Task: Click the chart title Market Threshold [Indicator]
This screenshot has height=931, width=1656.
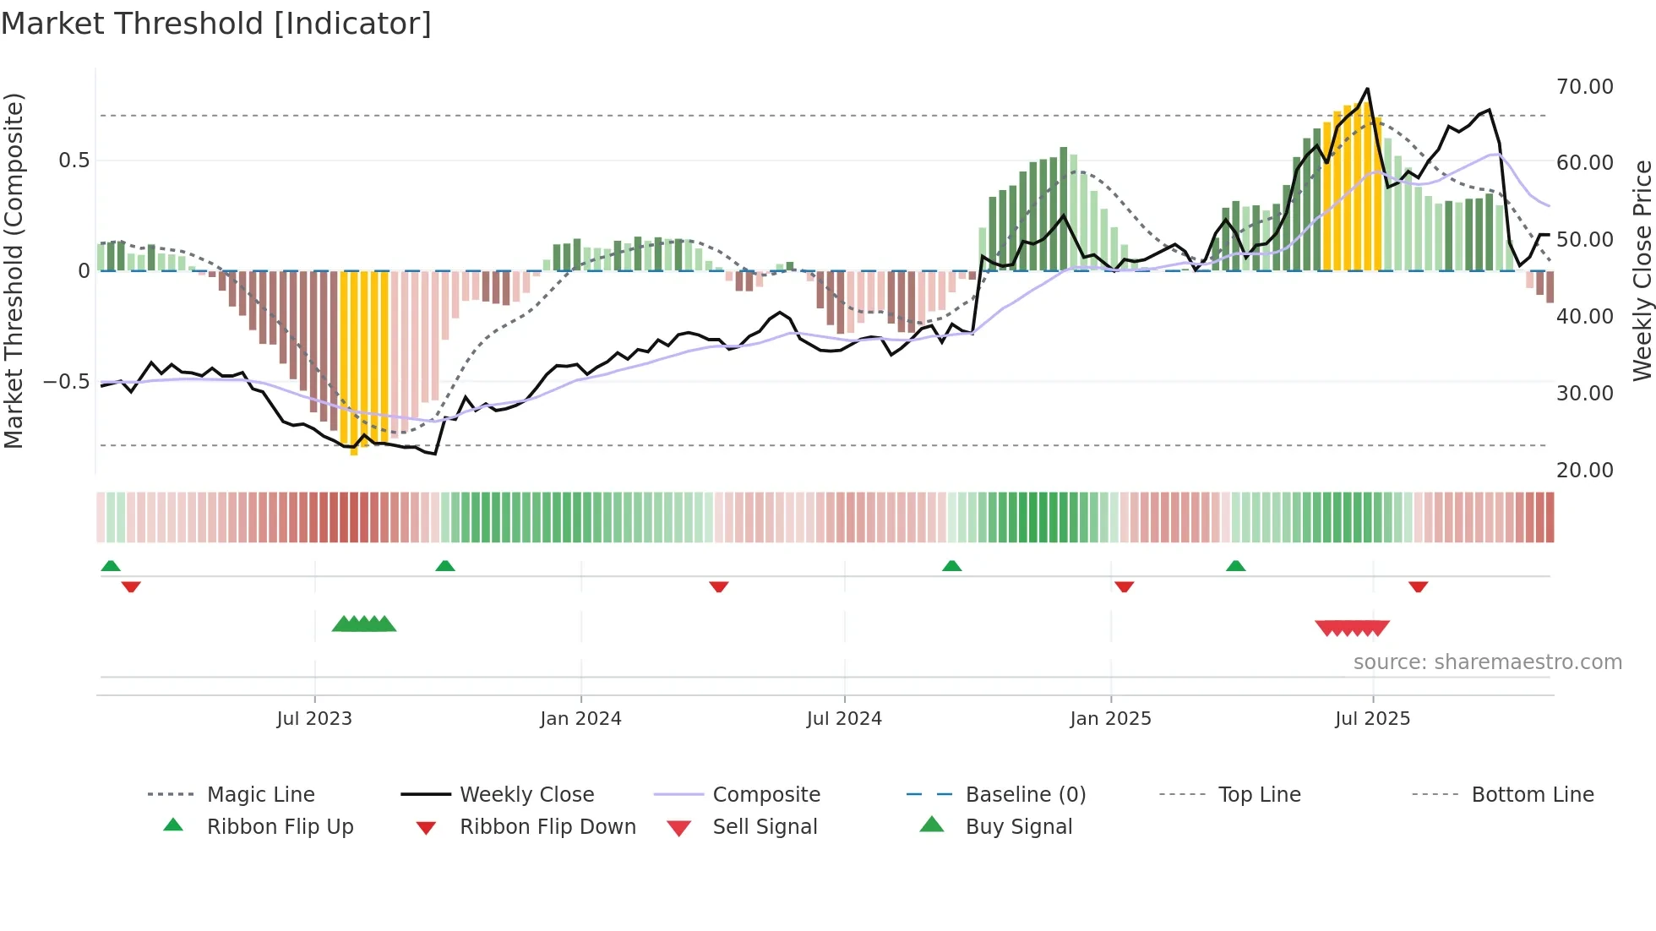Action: (216, 24)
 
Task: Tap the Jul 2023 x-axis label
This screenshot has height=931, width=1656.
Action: (314, 719)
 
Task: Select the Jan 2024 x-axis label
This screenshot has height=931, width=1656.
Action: (580, 719)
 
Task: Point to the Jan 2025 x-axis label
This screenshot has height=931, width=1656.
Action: (1110, 719)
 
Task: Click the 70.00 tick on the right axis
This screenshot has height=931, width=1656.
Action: (1584, 87)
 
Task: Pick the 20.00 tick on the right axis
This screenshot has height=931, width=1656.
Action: (1584, 471)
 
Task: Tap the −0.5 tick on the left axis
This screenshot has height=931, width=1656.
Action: (66, 382)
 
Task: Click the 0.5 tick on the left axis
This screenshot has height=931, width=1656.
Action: (74, 161)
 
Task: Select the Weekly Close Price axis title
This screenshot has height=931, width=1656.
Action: (1641, 270)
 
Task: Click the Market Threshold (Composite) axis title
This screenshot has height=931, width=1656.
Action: (14, 270)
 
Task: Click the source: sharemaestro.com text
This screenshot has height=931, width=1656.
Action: (1487, 662)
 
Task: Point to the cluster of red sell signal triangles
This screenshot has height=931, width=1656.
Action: (1352, 628)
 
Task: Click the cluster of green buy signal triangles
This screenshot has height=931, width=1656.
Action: (364, 624)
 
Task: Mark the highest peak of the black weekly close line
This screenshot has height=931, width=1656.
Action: (1367, 89)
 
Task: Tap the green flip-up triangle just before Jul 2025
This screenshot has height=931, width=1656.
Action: (1235, 566)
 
